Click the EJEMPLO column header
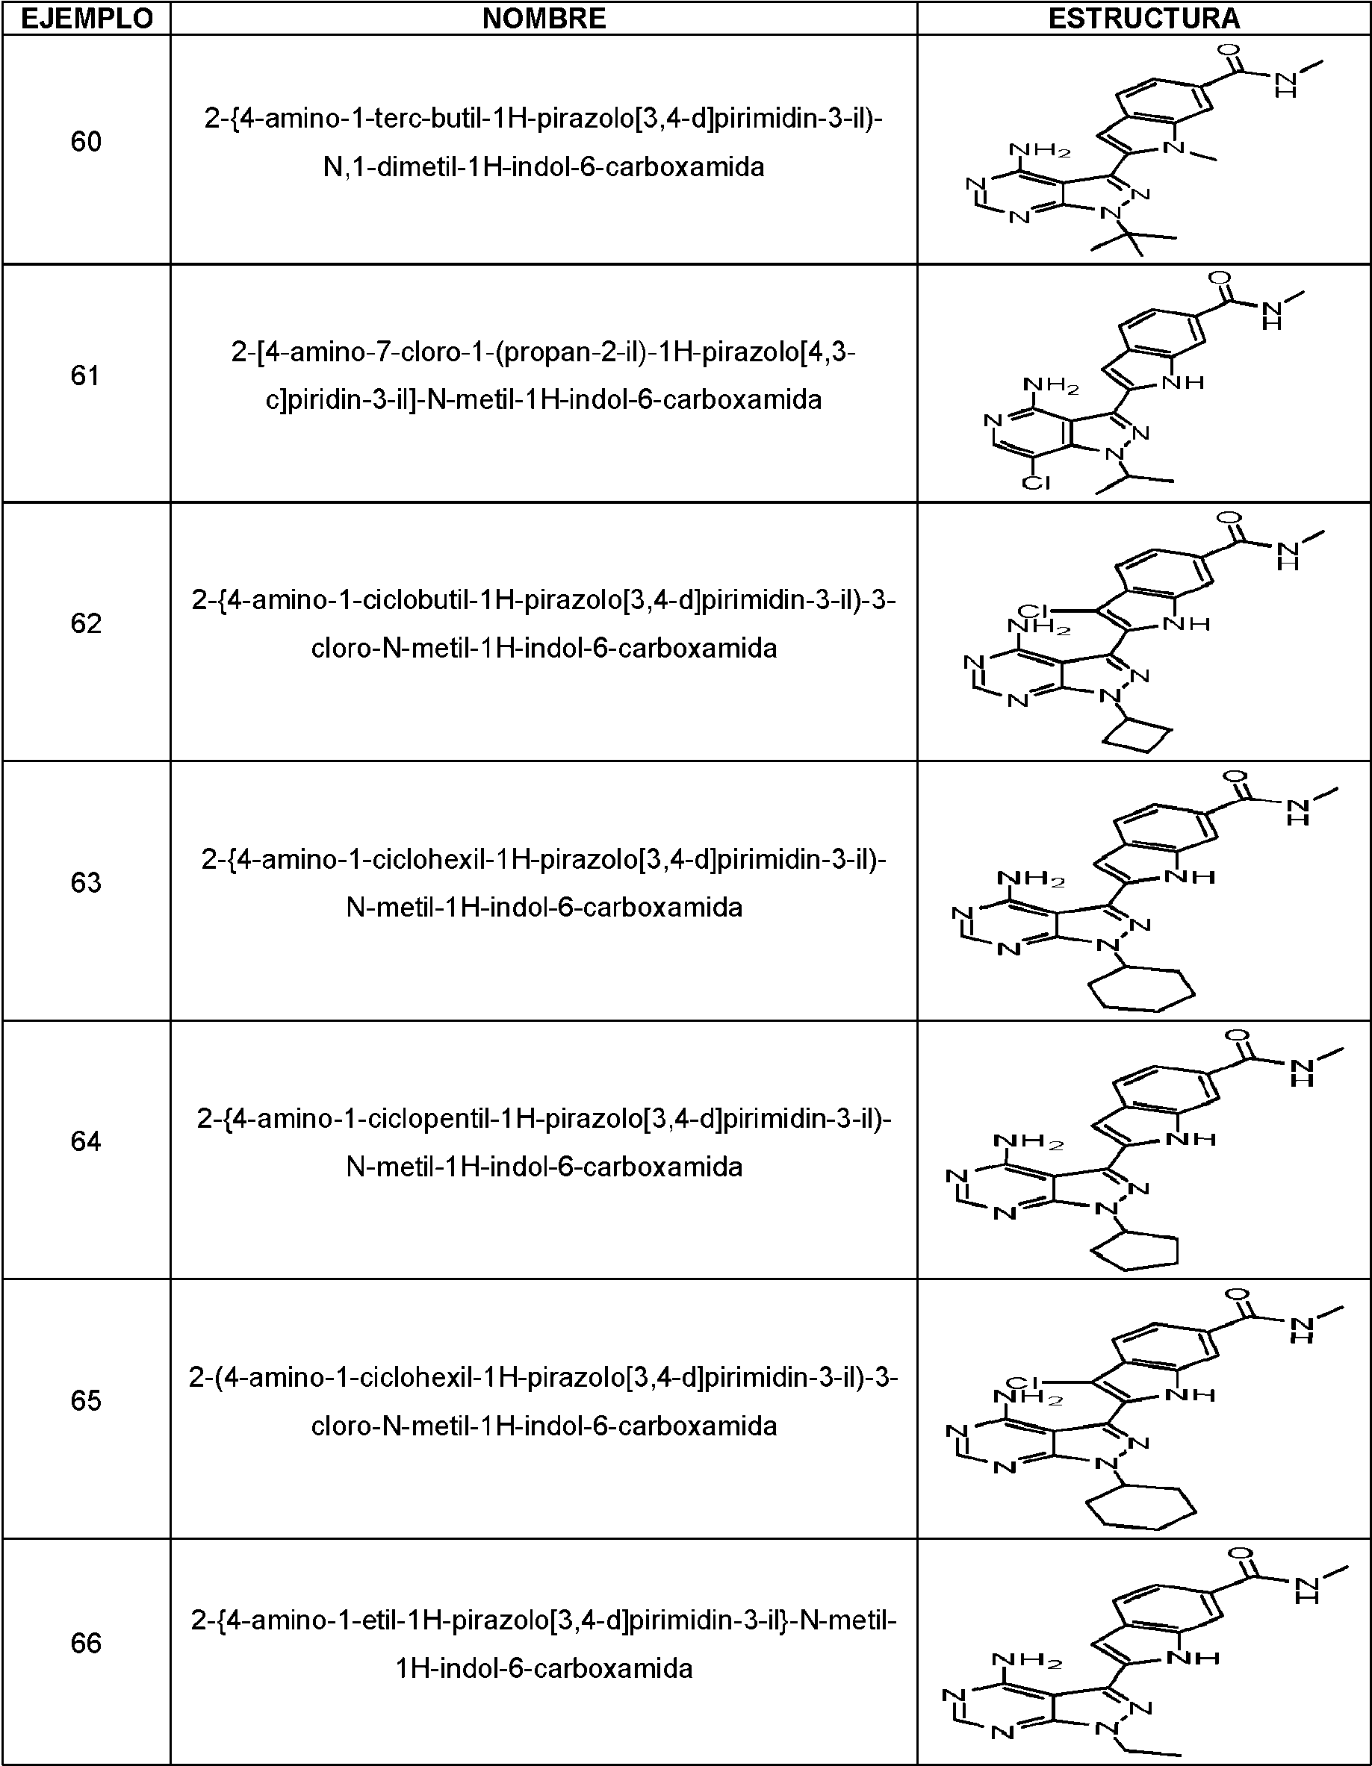(86, 18)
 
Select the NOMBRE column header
(544, 18)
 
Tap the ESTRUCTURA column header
(1144, 18)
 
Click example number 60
(86, 143)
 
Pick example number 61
(86, 375)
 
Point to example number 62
(86, 623)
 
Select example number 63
(86, 882)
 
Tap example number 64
(86, 1142)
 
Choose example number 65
(86, 1400)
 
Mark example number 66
(86, 1643)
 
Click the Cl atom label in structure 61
(1036, 483)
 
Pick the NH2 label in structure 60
(1040, 151)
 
